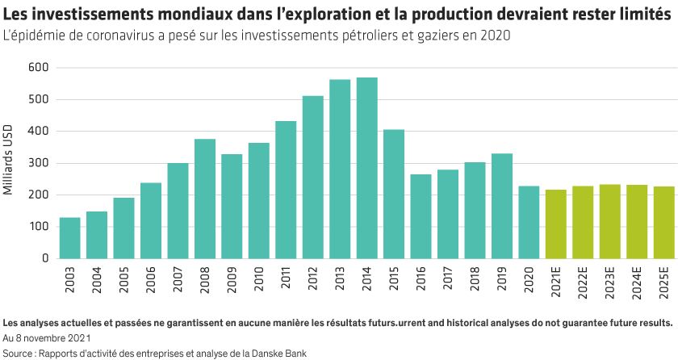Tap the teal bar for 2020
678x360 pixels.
(529, 222)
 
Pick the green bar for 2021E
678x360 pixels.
(556, 224)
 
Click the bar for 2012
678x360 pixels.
(313, 177)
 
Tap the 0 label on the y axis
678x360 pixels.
(46, 259)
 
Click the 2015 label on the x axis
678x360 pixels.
(395, 277)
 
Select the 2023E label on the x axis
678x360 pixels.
(610, 279)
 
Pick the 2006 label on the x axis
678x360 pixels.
(152, 277)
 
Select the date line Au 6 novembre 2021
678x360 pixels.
(46, 338)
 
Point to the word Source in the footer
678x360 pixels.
(17, 354)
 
